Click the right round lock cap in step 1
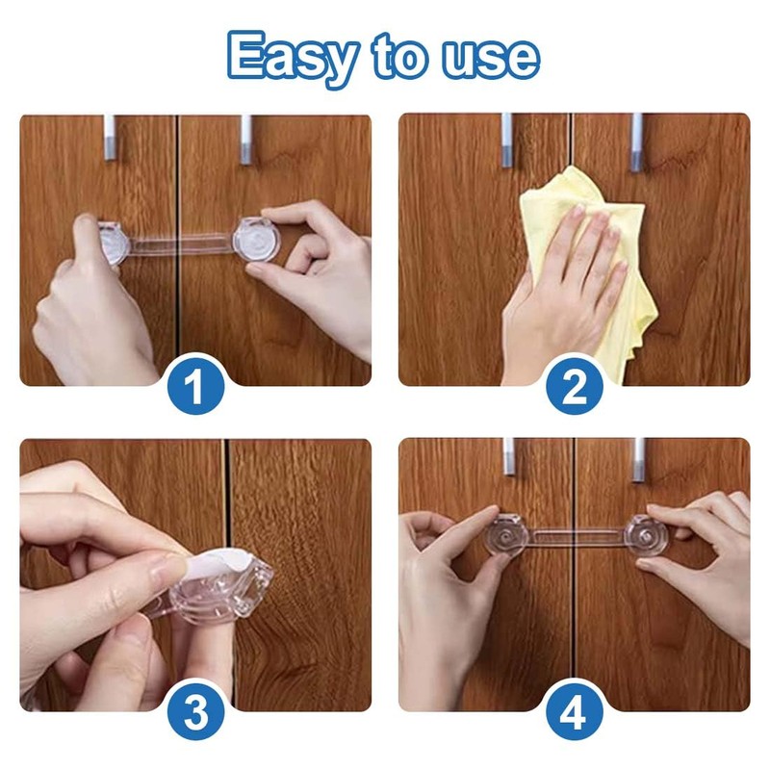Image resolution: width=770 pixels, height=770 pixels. (255, 240)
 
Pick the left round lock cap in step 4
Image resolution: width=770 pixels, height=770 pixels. (507, 539)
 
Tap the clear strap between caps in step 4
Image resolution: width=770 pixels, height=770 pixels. (577, 537)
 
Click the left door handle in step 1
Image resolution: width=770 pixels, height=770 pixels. (109, 138)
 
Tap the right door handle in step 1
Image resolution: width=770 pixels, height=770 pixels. (245, 140)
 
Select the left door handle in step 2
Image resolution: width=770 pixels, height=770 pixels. (507, 140)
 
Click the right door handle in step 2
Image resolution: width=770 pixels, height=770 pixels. (636, 141)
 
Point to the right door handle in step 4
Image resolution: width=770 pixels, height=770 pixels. (638, 460)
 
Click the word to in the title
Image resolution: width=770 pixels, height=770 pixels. (399, 58)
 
